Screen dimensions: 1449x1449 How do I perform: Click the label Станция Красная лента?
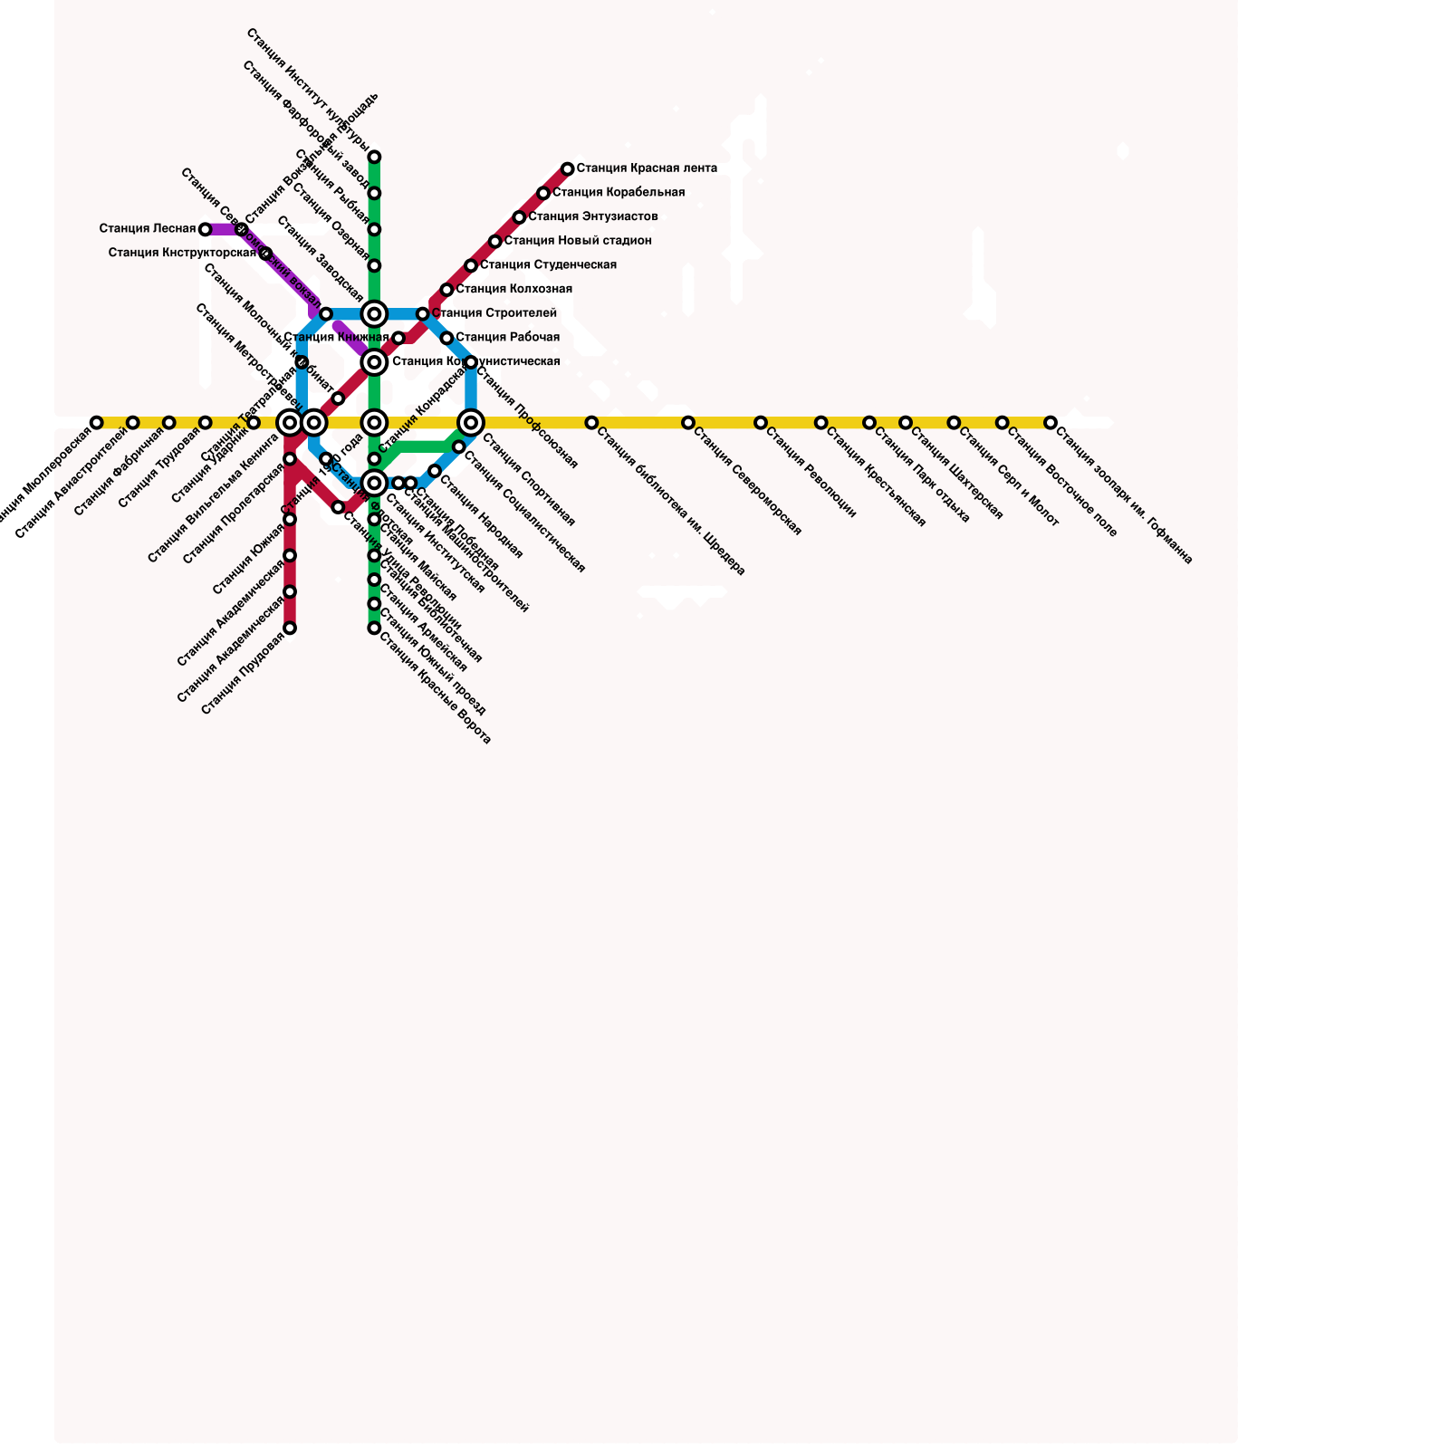pos(647,168)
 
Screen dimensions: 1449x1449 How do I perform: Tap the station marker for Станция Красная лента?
pos(568,169)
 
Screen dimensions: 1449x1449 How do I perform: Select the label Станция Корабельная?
pos(619,193)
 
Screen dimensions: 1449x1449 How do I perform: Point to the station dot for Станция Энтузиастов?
pos(519,217)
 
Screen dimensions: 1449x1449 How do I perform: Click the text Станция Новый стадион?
pos(578,241)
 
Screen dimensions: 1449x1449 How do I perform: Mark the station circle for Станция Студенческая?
pos(471,265)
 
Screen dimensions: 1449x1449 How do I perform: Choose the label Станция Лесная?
pos(148,229)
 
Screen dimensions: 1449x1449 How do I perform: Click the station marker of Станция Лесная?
pos(206,229)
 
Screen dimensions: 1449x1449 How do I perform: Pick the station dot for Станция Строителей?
pos(423,314)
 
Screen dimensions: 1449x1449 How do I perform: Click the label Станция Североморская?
pos(747,481)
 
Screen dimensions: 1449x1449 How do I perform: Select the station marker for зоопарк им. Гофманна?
pos(1051,423)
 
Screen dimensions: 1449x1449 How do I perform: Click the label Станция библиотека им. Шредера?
pos(670,501)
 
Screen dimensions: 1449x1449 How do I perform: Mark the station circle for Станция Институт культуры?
pos(374,158)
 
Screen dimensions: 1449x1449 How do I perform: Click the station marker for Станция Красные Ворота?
pos(374,628)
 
